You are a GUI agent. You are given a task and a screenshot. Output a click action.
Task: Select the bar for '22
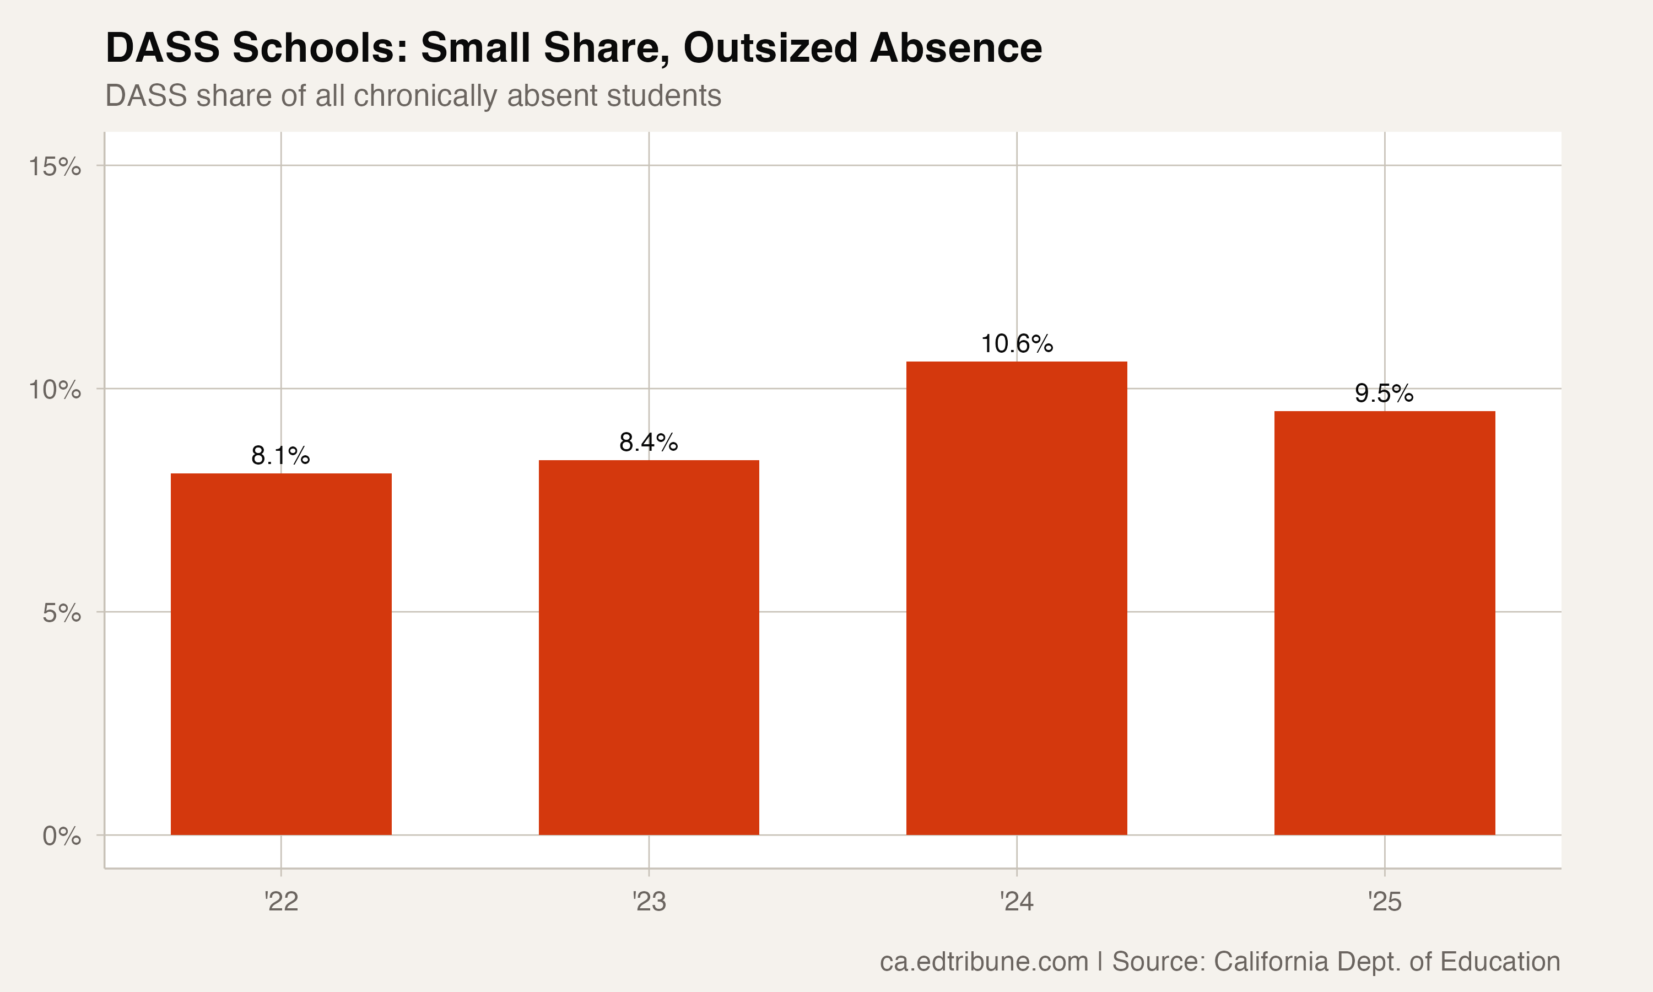280,654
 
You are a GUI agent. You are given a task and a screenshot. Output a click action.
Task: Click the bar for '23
649,647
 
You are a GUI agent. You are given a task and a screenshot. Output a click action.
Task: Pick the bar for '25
1385,622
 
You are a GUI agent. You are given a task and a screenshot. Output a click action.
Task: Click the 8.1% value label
280,456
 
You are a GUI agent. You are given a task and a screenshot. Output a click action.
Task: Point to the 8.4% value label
649,443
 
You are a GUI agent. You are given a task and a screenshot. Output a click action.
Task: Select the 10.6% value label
1016,344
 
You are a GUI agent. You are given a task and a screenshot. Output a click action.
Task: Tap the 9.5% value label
1385,393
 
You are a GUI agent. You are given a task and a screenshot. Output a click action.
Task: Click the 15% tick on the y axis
55,166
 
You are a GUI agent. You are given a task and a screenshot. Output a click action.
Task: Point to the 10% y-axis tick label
55,390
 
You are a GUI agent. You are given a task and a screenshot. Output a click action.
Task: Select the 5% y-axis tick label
62,613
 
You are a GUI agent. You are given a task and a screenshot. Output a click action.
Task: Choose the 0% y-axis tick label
62,836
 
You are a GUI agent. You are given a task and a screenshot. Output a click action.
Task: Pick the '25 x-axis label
1385,902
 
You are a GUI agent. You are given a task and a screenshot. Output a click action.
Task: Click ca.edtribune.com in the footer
984,961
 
